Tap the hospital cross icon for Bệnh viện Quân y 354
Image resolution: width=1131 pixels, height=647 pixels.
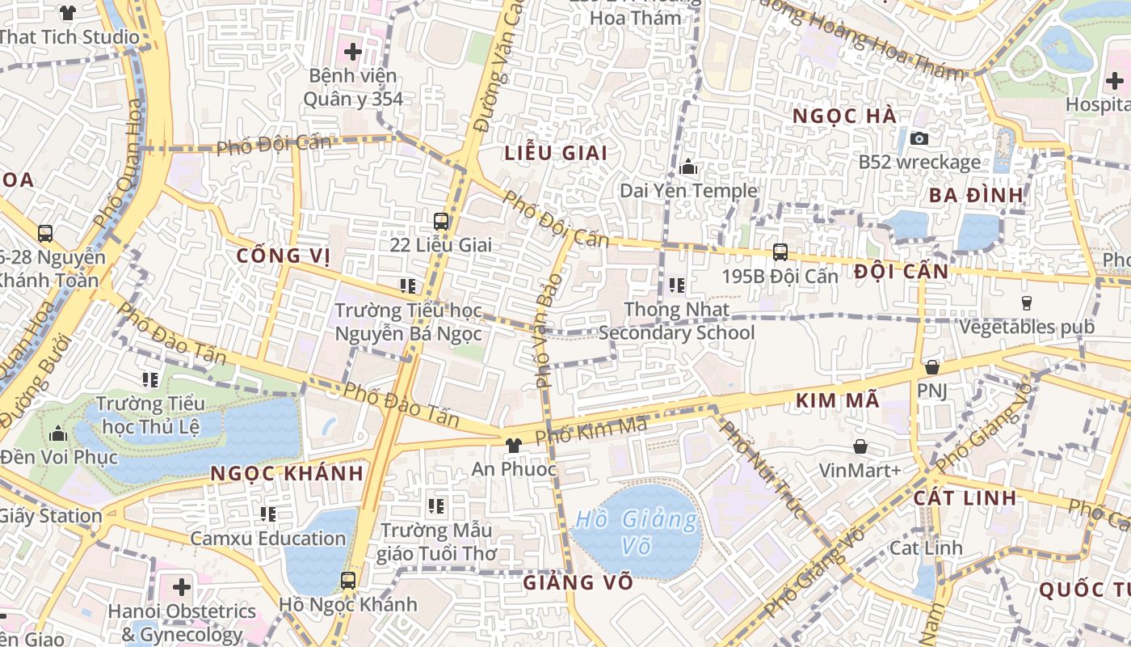point(352,53)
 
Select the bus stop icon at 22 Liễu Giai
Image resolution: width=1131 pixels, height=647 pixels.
point(441,221)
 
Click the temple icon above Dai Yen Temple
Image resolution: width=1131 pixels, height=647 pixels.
point(688,167)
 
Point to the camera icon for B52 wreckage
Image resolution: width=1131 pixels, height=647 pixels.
point(919,138)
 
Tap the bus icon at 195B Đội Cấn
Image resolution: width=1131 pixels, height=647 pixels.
point(780,252)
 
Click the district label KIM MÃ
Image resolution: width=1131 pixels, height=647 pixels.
point(837,400)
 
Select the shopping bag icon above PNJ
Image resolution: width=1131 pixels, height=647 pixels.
point(932,367)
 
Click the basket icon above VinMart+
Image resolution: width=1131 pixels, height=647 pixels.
point(860,446)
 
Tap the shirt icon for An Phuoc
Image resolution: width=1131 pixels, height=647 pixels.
point(512,445)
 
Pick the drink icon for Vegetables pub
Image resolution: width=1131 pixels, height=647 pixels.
point(1027,303)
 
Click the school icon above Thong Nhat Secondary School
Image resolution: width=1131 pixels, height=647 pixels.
point(676,285)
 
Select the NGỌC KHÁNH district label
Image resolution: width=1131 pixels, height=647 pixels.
point(287,474)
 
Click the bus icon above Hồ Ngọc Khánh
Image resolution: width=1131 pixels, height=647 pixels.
point(347,580)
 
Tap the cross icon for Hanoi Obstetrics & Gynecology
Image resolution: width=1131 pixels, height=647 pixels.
point(182,586)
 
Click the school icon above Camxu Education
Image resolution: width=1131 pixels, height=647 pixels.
point(268,514)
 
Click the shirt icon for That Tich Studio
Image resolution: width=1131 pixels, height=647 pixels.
point(68,13)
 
